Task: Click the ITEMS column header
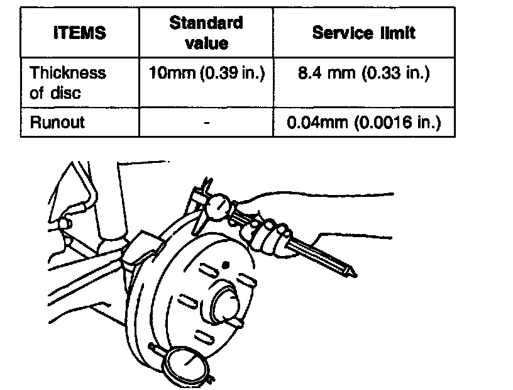79,33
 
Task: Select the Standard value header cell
206,33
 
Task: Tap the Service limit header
363,33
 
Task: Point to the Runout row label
57,122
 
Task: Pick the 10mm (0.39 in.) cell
206,74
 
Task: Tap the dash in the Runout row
206,123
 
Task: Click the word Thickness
68,74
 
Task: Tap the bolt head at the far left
63,223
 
